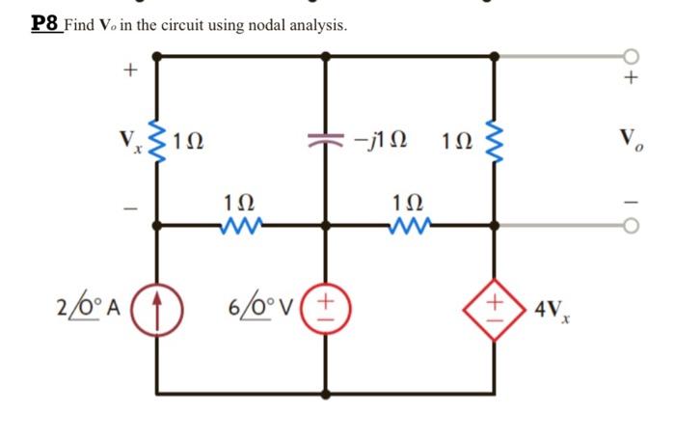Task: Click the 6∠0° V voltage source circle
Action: (x=327, y=316)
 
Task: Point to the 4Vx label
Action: (x=547, y=312)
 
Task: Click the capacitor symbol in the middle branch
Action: (x=326, y=142)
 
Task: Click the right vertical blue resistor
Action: (x=497, y=142)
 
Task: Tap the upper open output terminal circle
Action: (x=633, y=56)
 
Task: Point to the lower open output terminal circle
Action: (x=633, y=226)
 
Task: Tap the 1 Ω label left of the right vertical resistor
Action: (x=456, y=142)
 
